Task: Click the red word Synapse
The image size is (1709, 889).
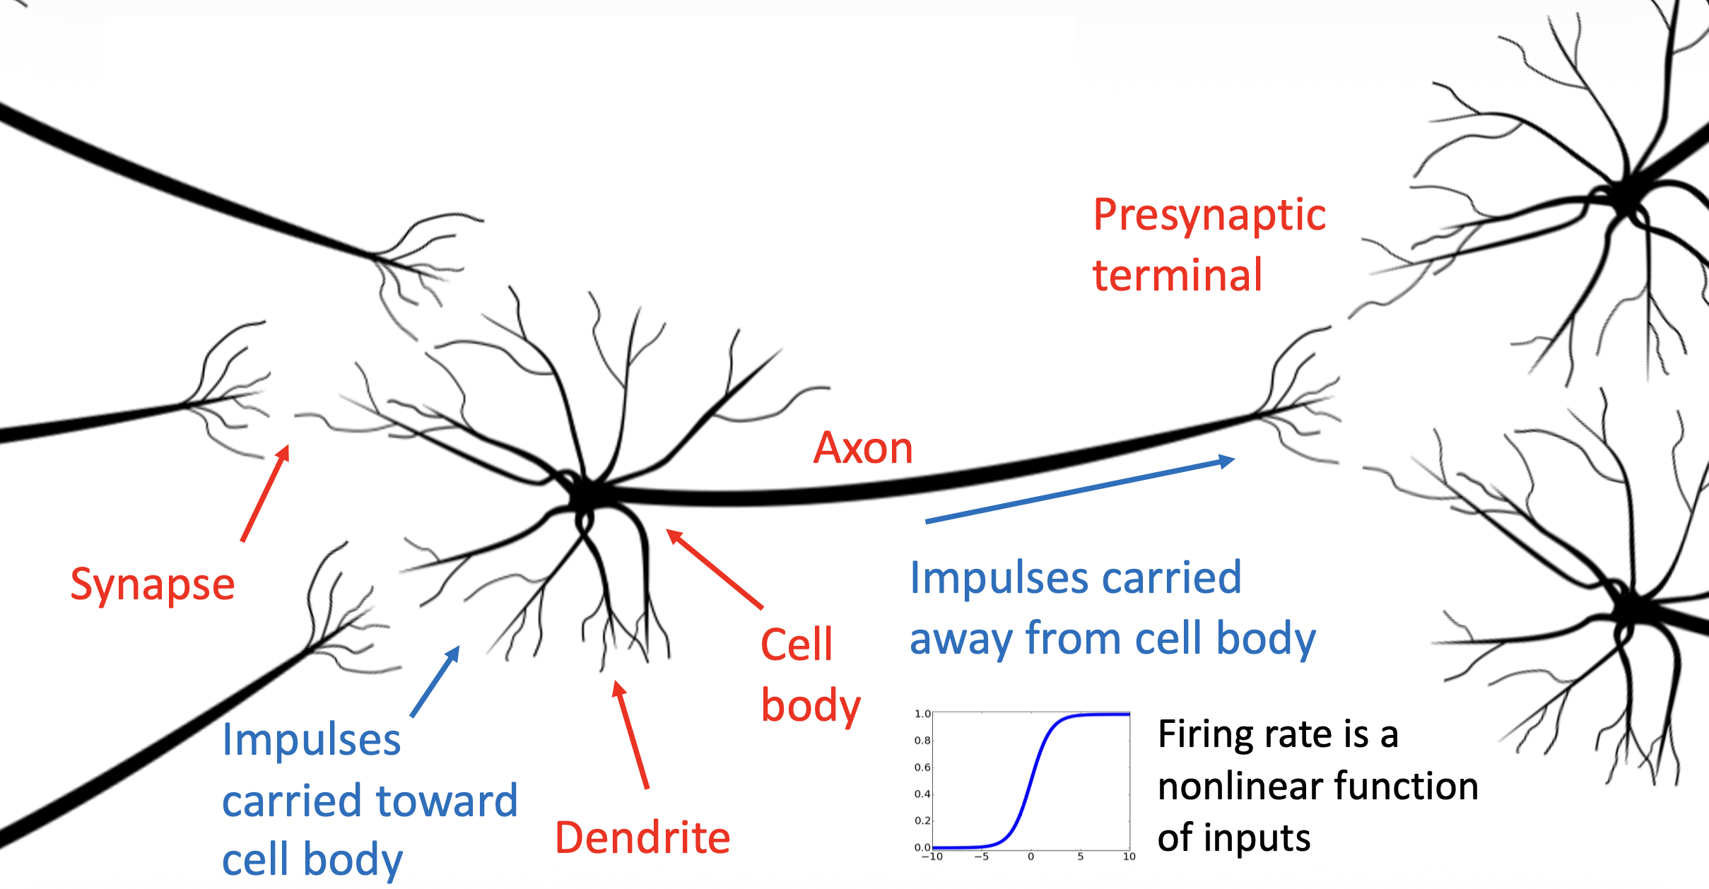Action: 153,586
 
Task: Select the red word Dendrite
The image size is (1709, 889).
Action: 642,838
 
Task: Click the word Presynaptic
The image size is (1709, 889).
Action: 1209,216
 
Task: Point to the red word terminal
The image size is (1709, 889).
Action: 1177,275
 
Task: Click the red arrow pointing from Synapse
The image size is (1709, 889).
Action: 265,493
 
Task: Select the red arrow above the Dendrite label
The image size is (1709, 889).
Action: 631,735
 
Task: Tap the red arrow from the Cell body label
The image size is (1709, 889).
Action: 715,568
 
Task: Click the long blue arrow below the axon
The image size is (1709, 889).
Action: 1079,491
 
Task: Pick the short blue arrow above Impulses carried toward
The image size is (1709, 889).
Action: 435,682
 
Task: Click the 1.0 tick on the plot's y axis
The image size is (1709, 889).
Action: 922,714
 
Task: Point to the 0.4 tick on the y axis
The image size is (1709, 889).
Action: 922,794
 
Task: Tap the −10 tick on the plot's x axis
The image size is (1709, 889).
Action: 933,856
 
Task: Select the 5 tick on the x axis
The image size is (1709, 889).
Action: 1080,856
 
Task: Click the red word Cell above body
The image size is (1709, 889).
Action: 797,644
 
